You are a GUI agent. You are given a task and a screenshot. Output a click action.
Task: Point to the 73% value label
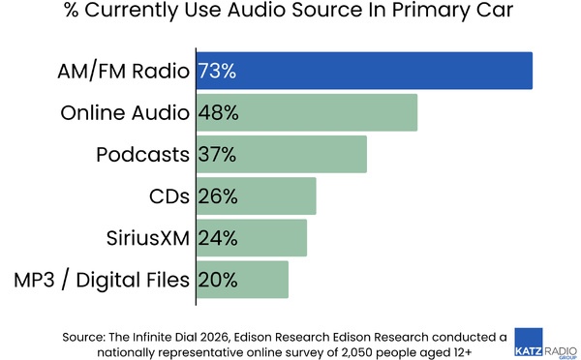(x=218, y=71)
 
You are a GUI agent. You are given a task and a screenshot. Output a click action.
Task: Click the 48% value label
(x=218, y=112)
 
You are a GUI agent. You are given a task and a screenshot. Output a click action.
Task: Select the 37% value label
(x=218, y=154)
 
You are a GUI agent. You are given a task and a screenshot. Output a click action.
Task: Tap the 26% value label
(x=218, y=195)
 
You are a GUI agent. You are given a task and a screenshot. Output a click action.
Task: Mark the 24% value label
(x=218, y=237)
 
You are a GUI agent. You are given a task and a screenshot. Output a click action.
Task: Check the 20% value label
(x=218, y=279)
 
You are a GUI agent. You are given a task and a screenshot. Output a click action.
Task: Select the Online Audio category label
(x=125, y=112)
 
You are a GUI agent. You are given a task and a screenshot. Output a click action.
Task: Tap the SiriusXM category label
(x=147, y=237)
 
